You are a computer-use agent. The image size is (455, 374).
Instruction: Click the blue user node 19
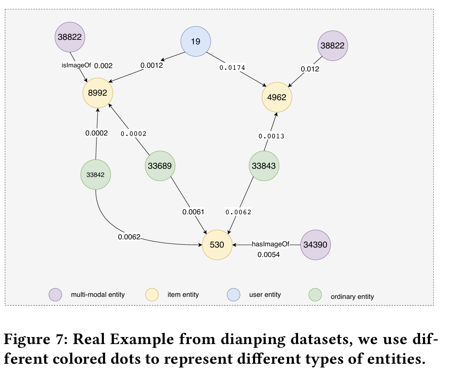196,41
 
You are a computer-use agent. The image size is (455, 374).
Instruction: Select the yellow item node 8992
97,93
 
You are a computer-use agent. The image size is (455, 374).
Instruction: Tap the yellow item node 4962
277,98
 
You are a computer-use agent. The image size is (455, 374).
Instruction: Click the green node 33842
96,174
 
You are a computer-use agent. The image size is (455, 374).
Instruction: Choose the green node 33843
264,166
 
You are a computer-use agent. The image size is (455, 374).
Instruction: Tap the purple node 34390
315,245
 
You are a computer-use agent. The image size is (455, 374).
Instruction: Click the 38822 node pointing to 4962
332,46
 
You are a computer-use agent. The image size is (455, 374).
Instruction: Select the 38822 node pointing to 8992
70,37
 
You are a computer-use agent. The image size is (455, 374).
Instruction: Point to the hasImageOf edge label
270,244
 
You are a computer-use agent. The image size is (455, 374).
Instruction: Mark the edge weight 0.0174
232,67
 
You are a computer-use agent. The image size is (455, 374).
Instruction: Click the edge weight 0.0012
152,65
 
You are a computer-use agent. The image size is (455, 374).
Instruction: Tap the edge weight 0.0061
193,212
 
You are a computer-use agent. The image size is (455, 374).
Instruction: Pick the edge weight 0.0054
269,255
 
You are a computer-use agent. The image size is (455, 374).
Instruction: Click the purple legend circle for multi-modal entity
55,294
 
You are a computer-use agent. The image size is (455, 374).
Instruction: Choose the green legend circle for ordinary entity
315,294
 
